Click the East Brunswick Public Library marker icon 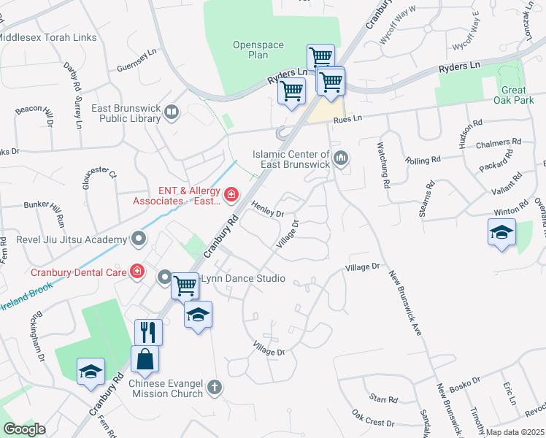(172, 112)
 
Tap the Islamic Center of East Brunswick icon (341, 158)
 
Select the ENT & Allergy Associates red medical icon (231, 194)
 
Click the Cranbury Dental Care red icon (137, 272)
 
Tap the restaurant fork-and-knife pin (148, 332)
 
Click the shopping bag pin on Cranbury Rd (145, 358)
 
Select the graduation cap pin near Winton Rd (501, 232)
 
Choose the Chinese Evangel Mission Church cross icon (214, 387)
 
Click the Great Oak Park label (514, 95)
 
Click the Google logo (24, 429)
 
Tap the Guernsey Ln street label (137, 64)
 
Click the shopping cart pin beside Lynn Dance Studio (185, 285)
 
